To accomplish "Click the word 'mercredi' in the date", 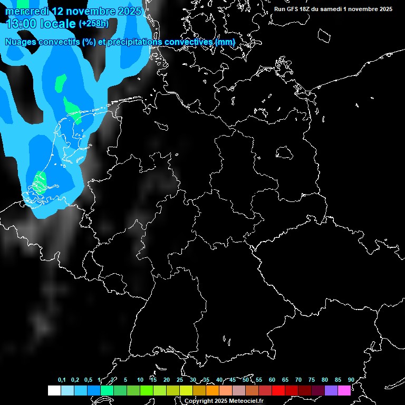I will (x=25, y=11).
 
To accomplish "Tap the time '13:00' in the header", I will (x=21, y=23).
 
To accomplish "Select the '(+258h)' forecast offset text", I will (x=94, y=23).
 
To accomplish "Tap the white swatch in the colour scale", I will (x=54, y=390).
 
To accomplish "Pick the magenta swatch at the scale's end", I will (x=344, y=390).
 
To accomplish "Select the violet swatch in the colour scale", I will (x=331, y=390).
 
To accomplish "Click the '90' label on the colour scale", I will (x=351, y=380).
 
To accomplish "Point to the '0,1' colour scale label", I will (x=62, y=380).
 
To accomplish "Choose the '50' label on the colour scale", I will (x=246, y=380).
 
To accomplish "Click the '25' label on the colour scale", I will (x=180, y=380).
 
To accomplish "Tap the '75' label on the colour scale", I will (x=312, y=380).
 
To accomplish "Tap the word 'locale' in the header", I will (x=58, y=23).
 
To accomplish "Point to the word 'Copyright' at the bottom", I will (x=199, y=401).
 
